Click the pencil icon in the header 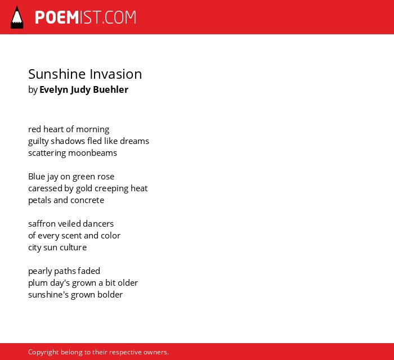tap(17, 17)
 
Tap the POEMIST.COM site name tap(86, 17)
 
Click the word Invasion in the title tap(116, 74)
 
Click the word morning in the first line tap(92, 129)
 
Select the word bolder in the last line tap(110, 295)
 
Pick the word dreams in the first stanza tap(135, 141)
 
